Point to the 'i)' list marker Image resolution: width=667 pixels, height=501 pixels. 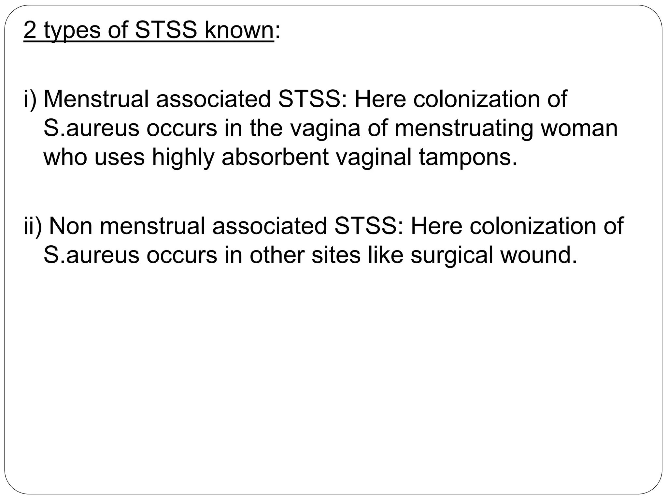click(30, 99)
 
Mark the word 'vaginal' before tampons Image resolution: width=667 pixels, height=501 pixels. click(373, 158)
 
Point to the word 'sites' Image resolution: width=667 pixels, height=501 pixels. click(336, 255)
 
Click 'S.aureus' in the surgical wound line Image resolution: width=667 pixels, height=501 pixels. click(92, 255)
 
